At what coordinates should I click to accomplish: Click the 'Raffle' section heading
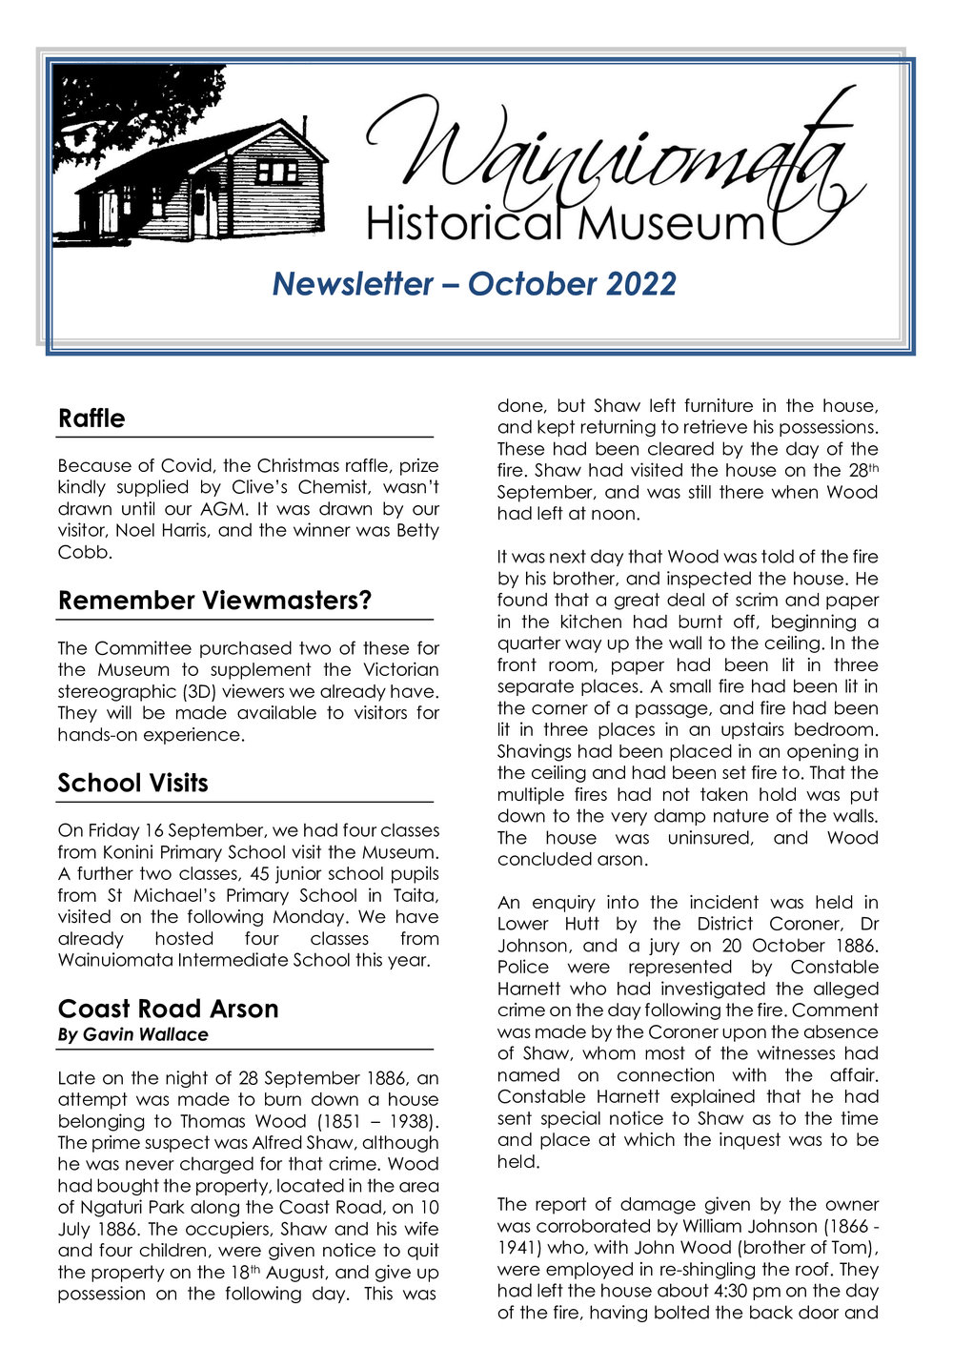91,418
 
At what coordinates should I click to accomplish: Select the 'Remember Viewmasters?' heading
214,601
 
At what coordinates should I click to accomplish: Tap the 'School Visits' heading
132,783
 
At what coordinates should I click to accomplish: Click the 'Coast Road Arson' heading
168,1009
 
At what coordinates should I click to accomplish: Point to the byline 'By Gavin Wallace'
132,1034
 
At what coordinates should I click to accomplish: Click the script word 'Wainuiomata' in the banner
610,153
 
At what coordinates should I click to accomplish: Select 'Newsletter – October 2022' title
474,284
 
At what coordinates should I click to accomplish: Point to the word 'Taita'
416,895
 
